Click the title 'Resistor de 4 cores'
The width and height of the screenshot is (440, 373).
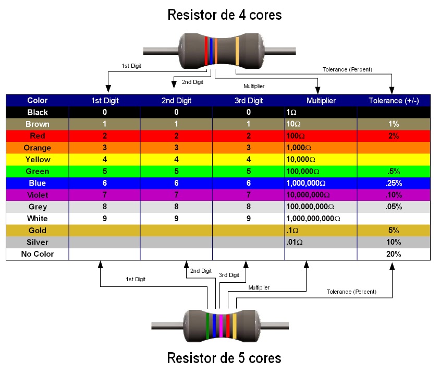coord(224,15)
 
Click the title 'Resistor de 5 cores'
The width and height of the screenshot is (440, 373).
coord(224,358)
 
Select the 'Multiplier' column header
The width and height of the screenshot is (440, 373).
coord(321,101)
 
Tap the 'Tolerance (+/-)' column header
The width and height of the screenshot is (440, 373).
coord(394,101)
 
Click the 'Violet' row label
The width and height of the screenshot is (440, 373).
coord(37,195)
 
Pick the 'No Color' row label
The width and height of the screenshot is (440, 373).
coord(37,254)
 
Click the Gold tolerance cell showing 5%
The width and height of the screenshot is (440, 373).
coord(394,230)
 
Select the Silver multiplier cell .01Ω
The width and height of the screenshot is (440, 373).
coord(295,242)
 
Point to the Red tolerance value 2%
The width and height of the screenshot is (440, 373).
coord(394,136)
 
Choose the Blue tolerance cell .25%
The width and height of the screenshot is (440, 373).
coord(394,183)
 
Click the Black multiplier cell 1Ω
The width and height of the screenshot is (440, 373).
coord(291,112)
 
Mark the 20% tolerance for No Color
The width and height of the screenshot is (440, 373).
coord(394,254)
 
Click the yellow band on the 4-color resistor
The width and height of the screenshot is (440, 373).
coord(237,51)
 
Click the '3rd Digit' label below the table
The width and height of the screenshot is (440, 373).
coord(229,275)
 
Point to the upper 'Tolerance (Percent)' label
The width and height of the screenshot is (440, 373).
coord(347,70)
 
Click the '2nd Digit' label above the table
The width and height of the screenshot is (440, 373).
coord(192,82)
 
